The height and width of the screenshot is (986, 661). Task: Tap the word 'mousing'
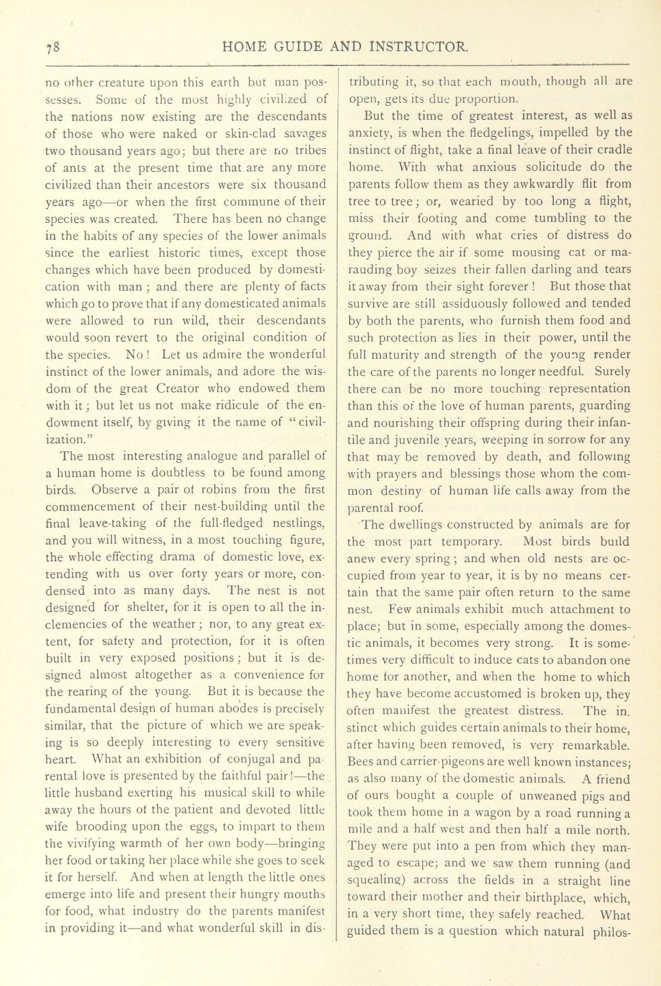[x=535, y=252]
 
